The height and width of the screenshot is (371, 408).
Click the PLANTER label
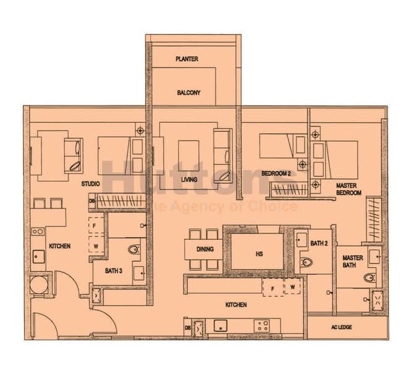pos(186,59)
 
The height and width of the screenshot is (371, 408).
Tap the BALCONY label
pos(189,93)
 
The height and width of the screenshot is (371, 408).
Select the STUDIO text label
pos(91,184)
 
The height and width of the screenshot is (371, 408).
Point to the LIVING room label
pos(189,180)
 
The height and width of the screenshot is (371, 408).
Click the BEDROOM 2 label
pos(276,174)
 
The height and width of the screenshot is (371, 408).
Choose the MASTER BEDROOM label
pos(348,189)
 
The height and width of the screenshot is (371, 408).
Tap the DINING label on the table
pos(205,249)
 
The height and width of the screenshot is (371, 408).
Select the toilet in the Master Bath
pos(370,277)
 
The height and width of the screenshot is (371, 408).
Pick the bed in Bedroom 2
pos(282,147)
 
